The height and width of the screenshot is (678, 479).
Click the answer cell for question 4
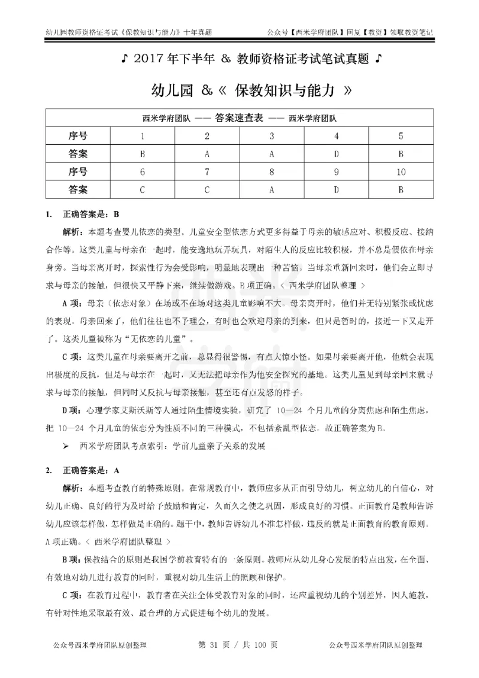(x=336, y=153)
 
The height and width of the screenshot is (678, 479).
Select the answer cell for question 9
(x=336, y=190)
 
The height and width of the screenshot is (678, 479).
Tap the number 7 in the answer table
(x=207, y=172)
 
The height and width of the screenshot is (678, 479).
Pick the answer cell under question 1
(x=143, y=153)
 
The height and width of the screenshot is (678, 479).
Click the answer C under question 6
(x=143, y=190)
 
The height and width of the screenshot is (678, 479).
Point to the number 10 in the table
(x=401, y=172)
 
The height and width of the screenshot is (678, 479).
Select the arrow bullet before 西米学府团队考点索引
(x=67, y=446)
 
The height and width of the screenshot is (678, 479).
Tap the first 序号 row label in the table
(x=78, y=135)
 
